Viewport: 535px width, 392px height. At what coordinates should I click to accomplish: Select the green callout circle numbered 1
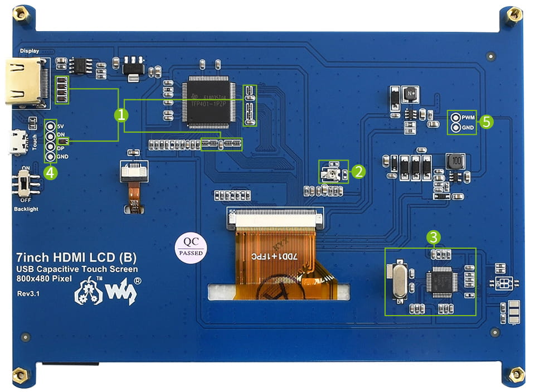coord(121,115)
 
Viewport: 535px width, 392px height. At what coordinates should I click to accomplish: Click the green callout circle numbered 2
coord(358,171)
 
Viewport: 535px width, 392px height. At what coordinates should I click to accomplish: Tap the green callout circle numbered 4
coord(51,173)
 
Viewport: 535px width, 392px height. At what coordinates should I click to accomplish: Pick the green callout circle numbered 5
coord(487,122)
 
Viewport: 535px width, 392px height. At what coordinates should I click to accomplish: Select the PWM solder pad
coord(455,118)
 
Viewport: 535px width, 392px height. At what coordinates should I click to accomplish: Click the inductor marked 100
coord(456,162)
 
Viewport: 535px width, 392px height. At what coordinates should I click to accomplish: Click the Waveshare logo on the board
coord(106,290)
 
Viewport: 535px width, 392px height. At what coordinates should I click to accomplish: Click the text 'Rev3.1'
coord(27,293)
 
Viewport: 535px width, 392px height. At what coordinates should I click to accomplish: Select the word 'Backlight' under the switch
coord(26,209)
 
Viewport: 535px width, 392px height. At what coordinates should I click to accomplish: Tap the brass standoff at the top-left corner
coord(20,14)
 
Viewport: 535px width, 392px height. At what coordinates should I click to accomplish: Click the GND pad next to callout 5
coord(455,128)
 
